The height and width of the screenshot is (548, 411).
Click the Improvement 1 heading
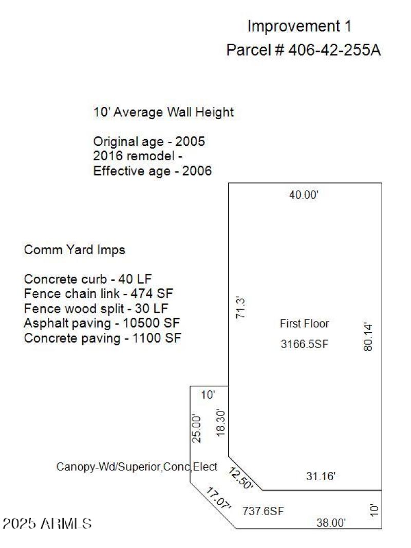point(300,26)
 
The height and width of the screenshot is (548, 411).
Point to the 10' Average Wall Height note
point(163,112)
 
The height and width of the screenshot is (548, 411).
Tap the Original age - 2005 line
point(149,141)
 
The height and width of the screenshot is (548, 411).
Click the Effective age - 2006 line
point(152,171)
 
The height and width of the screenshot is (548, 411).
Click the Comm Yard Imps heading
point(74,250)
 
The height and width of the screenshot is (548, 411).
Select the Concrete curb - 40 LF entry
point(88,279)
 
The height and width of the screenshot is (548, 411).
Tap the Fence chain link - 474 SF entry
point(99,294)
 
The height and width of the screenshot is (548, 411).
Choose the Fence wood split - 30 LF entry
point(96,309)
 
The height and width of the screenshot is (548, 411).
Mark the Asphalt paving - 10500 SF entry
point(102,323)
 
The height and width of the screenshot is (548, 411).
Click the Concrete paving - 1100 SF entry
point(102,338)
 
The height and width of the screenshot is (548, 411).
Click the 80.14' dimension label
point(367,336)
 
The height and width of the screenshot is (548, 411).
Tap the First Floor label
point(304,324)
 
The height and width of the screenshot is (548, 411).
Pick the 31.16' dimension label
point(321,477)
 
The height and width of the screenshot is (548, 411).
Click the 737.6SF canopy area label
point(263,511)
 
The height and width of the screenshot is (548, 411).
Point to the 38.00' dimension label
point(331,523)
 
